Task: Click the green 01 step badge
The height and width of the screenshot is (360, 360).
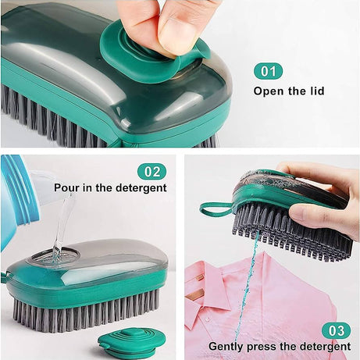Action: [268, 72]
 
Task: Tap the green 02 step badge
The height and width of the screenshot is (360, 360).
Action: [151, 170]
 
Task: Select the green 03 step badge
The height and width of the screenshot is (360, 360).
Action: [336, 330]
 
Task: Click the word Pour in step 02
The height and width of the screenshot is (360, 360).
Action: [67, 188]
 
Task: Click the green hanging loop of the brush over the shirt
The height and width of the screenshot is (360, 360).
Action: [215, 209]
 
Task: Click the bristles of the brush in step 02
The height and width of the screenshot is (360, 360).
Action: [86, 308]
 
